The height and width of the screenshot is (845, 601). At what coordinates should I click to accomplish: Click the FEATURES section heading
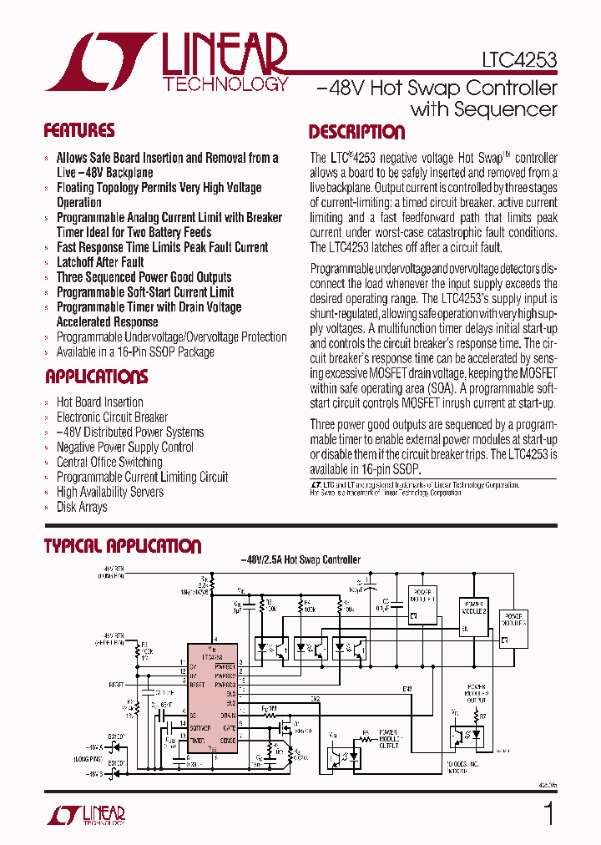(x=79, y=130)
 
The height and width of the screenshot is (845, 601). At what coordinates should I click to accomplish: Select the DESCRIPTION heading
(x=356, y=132)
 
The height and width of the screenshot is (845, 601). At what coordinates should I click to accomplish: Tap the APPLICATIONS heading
(x=96, y=377)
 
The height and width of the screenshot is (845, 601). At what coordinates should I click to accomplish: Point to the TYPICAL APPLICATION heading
(x=122, y=546)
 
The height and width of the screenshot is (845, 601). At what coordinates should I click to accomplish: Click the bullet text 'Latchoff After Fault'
(x=100, y=262)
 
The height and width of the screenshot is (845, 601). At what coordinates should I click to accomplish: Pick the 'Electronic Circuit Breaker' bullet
(x=112, y=417)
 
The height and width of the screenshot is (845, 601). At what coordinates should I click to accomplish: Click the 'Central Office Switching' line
(x=109, y=462)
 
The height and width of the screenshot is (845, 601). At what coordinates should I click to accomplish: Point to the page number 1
(x=548, y=813)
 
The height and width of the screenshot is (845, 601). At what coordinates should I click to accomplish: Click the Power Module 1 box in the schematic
(x=422, y=605)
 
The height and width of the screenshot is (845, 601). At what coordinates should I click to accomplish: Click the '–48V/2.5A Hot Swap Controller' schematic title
(x=300, y=560)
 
